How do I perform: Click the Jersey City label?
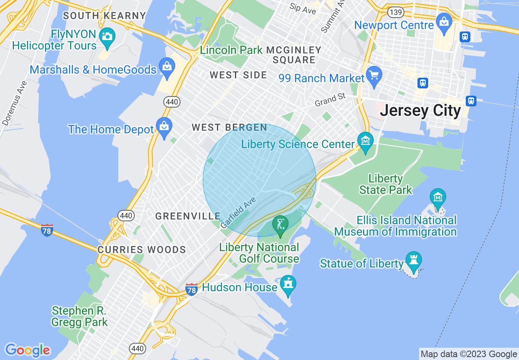pos(420,110)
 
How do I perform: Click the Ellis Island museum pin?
pos(438,198)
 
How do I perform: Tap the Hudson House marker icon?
pos(288,284)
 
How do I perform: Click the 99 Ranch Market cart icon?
pos(374,75)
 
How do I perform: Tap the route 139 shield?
pos(396,13)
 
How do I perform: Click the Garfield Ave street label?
pos(238,213)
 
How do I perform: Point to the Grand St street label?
pos(330,100)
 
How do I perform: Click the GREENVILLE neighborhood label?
pos(188,216)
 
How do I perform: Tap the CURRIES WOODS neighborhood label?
pos(142,250)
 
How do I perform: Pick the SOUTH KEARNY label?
pos(105,16)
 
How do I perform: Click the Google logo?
pos(27,351)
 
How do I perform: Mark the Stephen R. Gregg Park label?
pos(79,316)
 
